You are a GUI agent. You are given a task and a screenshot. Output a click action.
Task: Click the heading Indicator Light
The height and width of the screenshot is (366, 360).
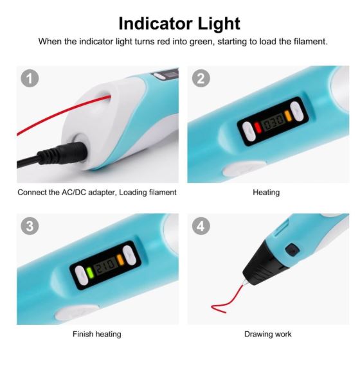point(179,24)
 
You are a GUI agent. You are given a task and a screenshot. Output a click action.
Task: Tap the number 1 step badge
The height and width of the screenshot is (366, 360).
point(30,78)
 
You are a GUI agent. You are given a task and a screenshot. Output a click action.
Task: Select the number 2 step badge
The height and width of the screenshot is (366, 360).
point(201,78)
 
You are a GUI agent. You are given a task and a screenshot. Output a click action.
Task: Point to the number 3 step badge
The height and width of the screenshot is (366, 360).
point(30,226)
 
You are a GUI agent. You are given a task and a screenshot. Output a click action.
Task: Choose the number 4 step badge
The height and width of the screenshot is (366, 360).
point(201,226)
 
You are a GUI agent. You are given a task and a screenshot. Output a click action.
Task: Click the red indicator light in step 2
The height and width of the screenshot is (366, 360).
point(258,127)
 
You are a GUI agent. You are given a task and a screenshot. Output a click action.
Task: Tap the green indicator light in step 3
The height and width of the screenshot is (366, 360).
point(89,273)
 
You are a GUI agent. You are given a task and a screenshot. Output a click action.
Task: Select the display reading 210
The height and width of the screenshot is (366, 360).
point(105,265)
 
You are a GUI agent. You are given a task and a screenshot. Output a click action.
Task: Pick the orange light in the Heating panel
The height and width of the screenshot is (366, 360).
point(288,116)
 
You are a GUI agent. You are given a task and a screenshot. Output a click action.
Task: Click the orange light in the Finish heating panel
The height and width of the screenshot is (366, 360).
point(120,259)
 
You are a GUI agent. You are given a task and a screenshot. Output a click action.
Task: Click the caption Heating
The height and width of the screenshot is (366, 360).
point(266,193)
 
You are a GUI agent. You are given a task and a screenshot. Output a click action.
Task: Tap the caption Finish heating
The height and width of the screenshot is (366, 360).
point(97,334)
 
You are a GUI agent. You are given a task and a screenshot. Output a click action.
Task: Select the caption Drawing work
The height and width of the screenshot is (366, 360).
point(268,334)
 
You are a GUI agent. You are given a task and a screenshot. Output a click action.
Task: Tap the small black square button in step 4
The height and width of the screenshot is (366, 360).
point(292,249)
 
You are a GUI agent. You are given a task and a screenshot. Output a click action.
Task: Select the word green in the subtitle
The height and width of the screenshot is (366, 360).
point(202,42)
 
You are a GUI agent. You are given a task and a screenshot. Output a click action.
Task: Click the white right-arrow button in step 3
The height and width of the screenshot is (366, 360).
point(129,255)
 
